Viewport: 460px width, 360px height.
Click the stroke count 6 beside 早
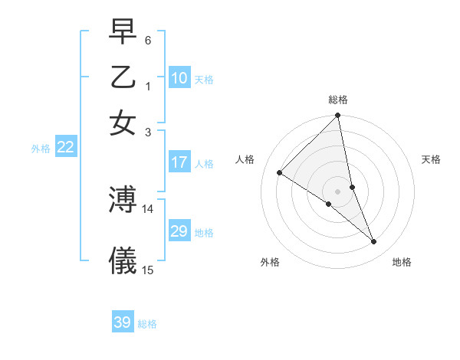(x=148, y=40)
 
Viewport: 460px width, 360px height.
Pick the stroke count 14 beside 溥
(x=148, y=208)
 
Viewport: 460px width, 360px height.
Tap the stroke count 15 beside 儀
(x=148, y=270)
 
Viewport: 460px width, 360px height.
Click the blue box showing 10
(x=179, y=77)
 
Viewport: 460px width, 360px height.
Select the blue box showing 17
(x=179, y=162)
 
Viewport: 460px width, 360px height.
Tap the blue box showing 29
(x=179, y=231)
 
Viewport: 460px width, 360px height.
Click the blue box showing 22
(x=65, y=148)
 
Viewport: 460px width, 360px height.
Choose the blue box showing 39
(x=123, y=322)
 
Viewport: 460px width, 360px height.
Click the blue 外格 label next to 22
(x=41, y=149)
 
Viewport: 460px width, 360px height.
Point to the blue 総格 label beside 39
(x=147, y=324)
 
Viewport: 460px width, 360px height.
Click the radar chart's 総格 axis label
(x=338, y=100)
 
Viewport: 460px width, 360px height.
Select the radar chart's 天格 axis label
(x=432, y=159)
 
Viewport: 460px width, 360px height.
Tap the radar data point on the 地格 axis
(x=374, y=242)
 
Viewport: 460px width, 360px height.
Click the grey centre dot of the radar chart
(x=338, y=191)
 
